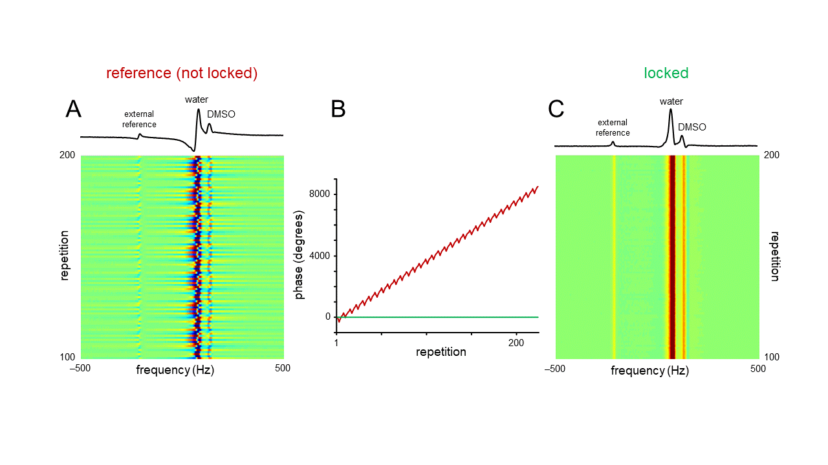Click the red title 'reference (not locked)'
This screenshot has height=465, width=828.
click(182, 73)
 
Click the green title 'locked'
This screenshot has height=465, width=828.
click(666, 73)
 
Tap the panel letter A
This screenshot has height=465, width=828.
click(74, 109)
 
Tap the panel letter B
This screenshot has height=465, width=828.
click(338, 109)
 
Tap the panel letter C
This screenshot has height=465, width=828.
click(556, 109)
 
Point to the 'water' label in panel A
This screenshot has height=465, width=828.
click(197, 99)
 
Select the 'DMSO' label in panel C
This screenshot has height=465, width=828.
click(692, 127)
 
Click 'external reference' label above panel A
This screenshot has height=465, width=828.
click(140, 119)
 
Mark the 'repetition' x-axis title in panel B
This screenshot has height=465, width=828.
click(441, 352)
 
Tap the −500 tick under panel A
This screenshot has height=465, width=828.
click(80, 368)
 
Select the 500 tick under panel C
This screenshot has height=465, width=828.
click(758, 369)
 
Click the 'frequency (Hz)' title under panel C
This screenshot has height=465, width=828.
click(649, 371)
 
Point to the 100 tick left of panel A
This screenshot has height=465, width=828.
click(69, 357)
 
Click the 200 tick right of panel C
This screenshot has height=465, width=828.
click(772, 155)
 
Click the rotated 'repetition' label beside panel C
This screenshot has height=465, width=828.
click(774, 256)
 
